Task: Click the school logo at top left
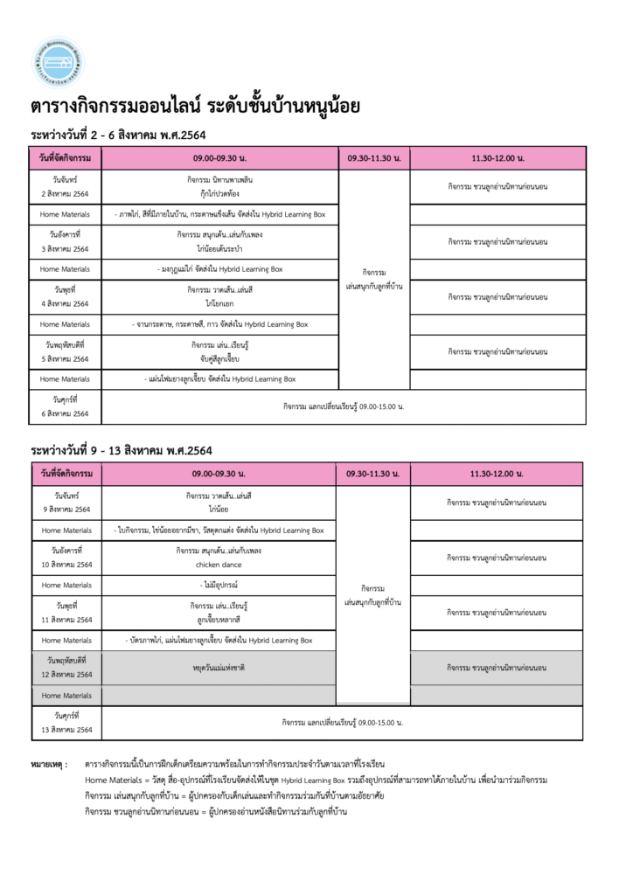click(x=58, y=63)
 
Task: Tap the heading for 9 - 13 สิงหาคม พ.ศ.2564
click(x=122, y=451)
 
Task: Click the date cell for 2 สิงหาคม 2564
click(x=66, y=186)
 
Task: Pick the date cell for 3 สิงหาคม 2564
click(x=66, y=241)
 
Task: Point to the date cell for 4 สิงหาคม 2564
click(x=66, y=296)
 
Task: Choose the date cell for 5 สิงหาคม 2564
click(x=66, y=351)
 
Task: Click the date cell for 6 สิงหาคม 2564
click(x=66, y=406)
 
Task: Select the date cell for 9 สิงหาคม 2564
click(x=67, y=503)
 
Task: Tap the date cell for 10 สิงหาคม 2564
click(x=67, y=558)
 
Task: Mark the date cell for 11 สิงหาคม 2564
click(x=67, y=612)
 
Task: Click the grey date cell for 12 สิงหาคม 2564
click(x=67, y=668)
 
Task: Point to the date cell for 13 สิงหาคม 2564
click(x=67, y=723)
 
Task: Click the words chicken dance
click(x=219, y=565)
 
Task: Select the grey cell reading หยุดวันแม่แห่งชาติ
click(x=219, y=668)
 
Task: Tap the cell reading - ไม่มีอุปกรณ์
click(x=219, y=585)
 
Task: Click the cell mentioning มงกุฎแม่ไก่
click(x=220, y=269)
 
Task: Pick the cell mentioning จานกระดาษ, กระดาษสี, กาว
click(x=220, y=324)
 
